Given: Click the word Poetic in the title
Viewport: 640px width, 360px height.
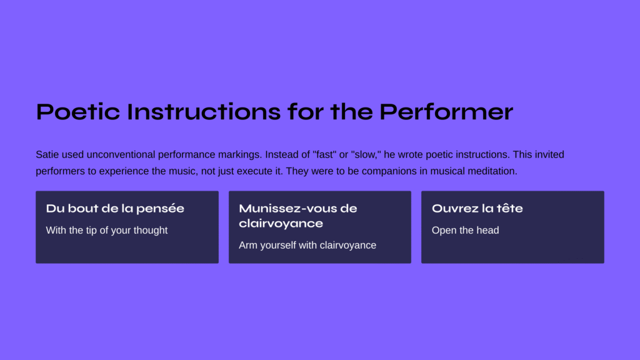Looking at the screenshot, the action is click(78, 112).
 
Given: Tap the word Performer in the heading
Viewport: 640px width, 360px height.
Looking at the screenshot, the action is click(446, 112).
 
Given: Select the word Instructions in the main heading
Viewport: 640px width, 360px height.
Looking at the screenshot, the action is click(204, 112).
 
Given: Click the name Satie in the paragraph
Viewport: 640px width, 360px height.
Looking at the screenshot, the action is click(47, 155).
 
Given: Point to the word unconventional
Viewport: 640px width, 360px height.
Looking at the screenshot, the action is click(121, 155).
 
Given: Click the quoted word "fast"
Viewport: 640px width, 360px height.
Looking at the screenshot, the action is click(324, 155).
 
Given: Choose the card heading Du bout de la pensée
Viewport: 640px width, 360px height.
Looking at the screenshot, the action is click(115, 209).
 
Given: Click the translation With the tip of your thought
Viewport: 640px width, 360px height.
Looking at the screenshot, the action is click(107, 230).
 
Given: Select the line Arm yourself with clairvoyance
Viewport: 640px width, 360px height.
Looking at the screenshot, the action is click(307, 245).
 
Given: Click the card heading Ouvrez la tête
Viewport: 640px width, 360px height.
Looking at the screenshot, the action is click(477, 209).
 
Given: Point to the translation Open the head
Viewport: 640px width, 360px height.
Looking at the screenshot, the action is click(465, 230).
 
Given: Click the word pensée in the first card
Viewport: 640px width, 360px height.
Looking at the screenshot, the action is click(160, 209).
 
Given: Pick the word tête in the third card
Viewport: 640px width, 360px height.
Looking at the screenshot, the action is click(509, 209).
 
